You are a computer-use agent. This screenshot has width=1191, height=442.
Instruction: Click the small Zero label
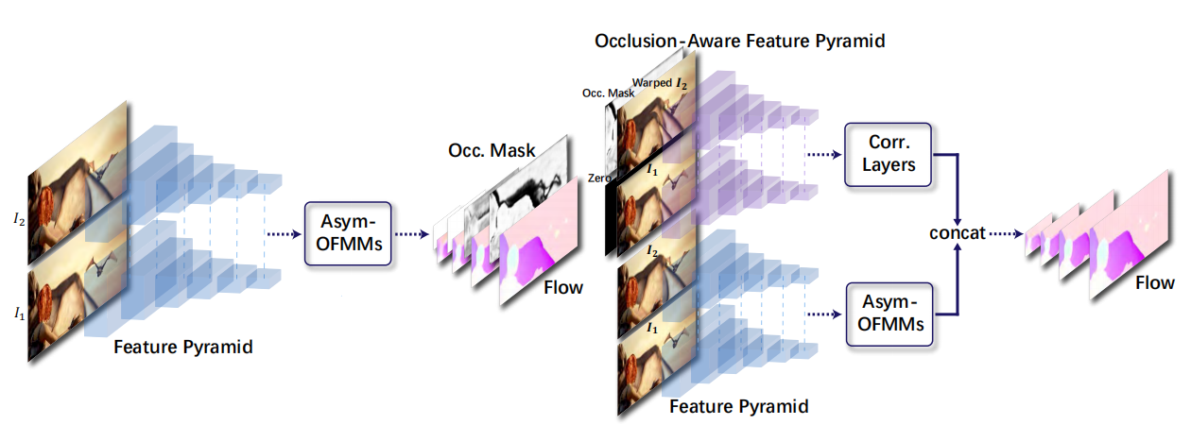point(597,178)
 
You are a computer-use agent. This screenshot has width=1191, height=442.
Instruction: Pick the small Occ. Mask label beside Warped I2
point(606,93)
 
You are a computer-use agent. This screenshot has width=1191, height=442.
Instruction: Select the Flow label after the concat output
point(1154,282)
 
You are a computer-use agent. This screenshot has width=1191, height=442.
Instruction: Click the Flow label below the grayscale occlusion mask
point(562,286)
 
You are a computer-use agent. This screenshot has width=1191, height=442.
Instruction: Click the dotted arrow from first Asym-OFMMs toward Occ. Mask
point(407,233)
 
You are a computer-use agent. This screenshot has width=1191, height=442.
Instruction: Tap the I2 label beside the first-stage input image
point(19,220)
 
